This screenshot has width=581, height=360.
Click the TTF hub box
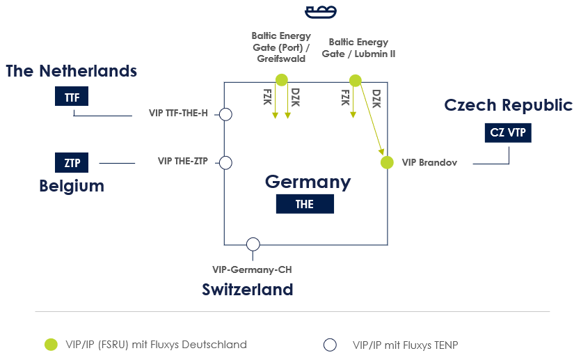(x=72, y=96)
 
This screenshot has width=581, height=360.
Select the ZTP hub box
(x=72, y=162)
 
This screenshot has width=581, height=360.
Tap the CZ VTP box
(x=508, y=133)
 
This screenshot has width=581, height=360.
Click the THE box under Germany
(x=305, y=204)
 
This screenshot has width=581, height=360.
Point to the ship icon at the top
(x=321, y=12)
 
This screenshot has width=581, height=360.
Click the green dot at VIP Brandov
(x=387, y=162)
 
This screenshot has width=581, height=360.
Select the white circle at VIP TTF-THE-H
(x=225, y=115)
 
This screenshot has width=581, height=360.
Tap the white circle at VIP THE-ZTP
(x=225, y=163)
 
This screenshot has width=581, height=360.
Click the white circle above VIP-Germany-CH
(x=253, y=244)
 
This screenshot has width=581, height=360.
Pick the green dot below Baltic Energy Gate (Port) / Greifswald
(x=282, y=79)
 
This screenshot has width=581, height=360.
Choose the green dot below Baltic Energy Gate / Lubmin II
(x=356, y=80)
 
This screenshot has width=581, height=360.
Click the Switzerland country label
(x=248, y=290)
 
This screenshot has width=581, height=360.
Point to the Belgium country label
(x=72, y=186)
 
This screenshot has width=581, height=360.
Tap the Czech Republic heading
(x=509, y=105)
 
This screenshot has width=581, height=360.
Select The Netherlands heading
(x=71, y=71)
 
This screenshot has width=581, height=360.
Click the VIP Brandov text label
(x=429, y=162)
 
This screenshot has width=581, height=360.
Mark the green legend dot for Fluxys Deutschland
(x=51, y=345)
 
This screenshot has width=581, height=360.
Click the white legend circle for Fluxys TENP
(x=330, y=345)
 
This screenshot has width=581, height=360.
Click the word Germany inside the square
(x=308, y=182)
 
